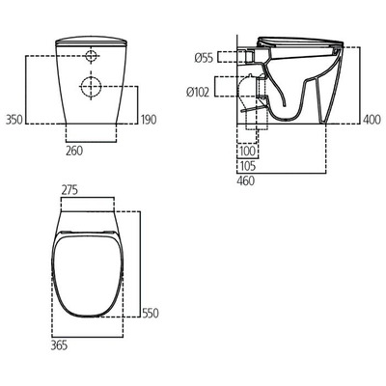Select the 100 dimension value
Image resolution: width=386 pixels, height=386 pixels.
tap(248, 152)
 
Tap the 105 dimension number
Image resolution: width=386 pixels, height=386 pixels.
tap(248, 164)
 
